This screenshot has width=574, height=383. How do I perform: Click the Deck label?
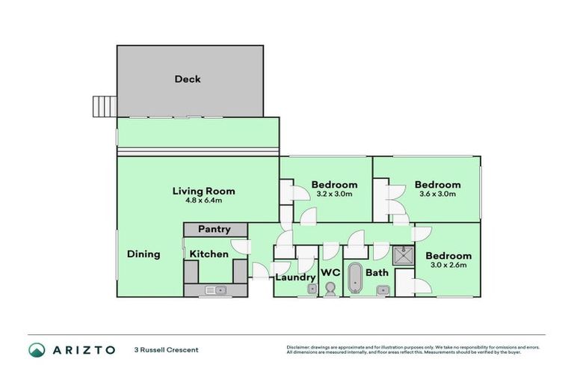tap(188, 79)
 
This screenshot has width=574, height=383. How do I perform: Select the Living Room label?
tap(200, 190)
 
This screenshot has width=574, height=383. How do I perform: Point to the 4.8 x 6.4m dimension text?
tap(200, 200)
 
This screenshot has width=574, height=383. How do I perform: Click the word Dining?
tap(143, 254)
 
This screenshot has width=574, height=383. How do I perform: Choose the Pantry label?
tap(214, 230)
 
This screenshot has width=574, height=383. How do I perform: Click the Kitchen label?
tap(209, 254)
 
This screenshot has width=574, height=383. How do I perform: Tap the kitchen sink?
tap(220, 290)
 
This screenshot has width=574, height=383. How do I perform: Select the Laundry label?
tap(295, 278)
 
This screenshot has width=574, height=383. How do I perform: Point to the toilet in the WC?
tap(330, 289)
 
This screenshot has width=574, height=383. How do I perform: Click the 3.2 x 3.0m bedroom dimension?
tap(332, 194)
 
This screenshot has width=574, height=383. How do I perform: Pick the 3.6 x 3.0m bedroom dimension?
tap(437, 194)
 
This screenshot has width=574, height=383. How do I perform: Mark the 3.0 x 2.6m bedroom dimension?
tap(448, 266)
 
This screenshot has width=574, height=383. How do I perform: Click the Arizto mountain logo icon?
tap(37, 349)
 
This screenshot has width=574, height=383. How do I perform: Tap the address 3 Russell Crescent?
tap(166, 349)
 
